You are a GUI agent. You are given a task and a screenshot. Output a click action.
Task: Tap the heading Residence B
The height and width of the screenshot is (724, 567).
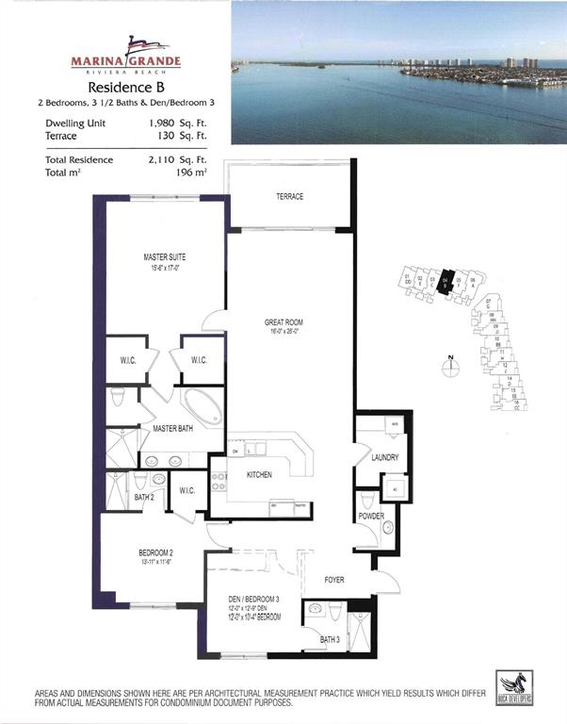[x=126, y=85]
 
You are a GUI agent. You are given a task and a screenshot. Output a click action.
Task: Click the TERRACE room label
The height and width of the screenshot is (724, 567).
[x=289, y=197]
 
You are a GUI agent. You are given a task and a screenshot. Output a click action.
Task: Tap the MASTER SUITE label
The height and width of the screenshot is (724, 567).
[x=163, y=255]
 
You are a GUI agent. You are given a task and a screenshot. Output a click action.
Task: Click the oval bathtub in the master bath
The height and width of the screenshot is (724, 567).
[x=202, y=406]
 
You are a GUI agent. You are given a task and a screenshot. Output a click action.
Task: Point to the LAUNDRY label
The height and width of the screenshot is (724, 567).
[x=384, y=458]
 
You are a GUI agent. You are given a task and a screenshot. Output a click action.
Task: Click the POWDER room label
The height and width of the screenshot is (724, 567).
[x=369, y=518]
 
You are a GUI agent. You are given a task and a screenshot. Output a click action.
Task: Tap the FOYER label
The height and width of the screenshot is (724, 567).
[x=336, y=580]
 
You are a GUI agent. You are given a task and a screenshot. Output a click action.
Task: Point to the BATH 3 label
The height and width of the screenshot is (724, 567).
[x=329, y=640]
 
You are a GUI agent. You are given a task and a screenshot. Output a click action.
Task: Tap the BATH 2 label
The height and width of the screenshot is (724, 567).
[x=143, y=497]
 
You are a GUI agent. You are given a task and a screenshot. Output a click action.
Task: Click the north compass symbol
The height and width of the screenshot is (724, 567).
[x=452, y=369]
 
